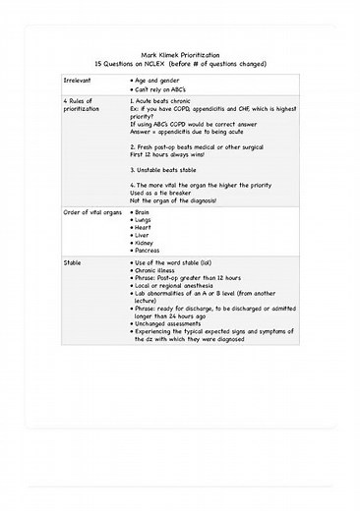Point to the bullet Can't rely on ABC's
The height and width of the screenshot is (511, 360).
click(x=165, y=88)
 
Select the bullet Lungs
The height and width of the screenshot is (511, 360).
click(x=147, y=220)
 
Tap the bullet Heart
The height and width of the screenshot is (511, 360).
click(x=147, y=228)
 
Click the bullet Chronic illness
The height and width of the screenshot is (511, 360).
click(x=159, y=270)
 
